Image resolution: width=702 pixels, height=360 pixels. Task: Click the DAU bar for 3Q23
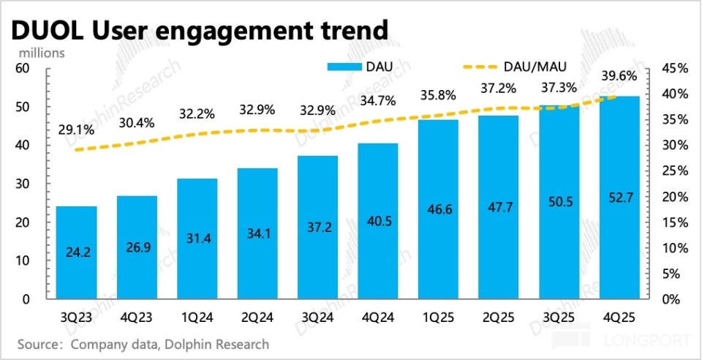pos(76,252)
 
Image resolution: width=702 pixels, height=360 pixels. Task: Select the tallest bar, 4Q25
pos(619,198)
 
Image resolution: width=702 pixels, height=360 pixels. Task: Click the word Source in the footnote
pos(38,343)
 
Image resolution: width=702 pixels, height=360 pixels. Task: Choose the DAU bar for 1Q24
pos(197,239)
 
